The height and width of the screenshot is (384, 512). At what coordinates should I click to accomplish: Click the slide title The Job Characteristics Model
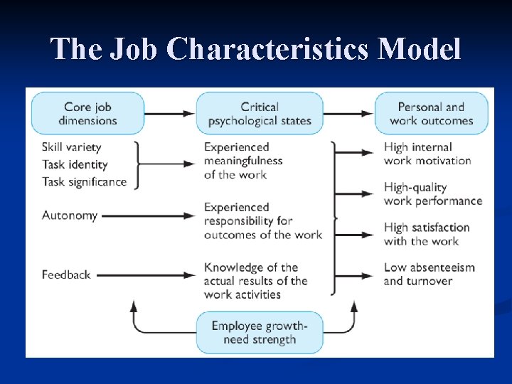click(256, 50)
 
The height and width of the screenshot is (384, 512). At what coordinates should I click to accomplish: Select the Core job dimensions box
click(87, 114)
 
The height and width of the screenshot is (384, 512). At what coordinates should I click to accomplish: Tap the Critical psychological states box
click(260, 114)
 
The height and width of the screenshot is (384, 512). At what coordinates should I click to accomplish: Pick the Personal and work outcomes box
click(431, 114)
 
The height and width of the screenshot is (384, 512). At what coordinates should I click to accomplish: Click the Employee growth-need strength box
click(259, 333)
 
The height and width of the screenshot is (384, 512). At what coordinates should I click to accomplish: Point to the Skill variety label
click(72, 147)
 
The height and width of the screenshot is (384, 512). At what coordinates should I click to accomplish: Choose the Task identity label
click(75, 164)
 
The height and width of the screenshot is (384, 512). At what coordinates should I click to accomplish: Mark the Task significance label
click(84, 181)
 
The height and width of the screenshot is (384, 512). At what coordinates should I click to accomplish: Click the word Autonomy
click(70, 215)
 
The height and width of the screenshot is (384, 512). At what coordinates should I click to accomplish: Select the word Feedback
click(66, 274)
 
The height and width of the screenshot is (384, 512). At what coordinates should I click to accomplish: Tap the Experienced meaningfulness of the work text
click(243, 161)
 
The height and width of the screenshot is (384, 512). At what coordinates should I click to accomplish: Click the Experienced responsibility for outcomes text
click(262, 220)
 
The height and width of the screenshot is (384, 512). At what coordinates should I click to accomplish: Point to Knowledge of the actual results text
click(255, 281)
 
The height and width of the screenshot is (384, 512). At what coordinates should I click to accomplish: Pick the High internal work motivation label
click(427, 154)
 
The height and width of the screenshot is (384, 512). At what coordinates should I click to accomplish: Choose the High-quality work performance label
click(433, 194)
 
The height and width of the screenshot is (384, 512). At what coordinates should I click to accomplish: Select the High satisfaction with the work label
click(427, 234)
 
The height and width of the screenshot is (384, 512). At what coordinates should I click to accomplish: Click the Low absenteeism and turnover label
click(429, 274)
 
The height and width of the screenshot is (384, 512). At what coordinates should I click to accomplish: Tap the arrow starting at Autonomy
click(149, 215)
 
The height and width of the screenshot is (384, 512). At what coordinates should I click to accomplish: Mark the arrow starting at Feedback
click(146, 274)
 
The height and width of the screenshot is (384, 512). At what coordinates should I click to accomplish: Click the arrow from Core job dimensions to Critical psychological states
click(171, 113)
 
